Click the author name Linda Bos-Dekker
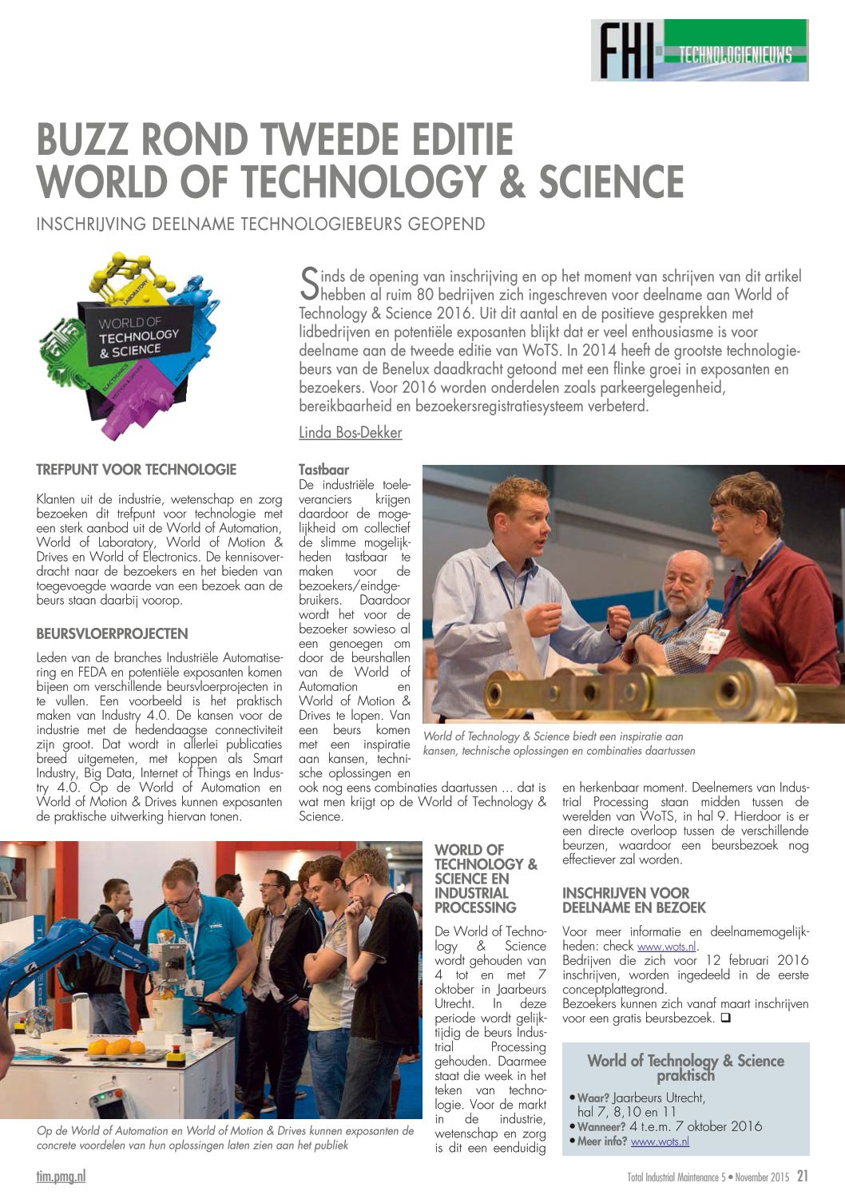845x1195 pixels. click(x=350, y=433)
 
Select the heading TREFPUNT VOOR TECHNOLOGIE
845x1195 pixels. click(x=137, y=470)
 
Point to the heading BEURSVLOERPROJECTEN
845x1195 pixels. click(x=113, y=634)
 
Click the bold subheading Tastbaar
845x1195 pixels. click(x=323, y=470)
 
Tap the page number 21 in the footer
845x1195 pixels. click(x=802, y=1176)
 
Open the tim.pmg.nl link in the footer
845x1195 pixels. click(x=61, y=1176)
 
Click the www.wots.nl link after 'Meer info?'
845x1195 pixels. click(x=660, y=1141)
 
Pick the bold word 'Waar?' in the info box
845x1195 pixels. click(x=593, y=1098)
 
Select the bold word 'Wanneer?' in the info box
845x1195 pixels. click(x=601, y=1126)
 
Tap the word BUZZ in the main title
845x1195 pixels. click(x=87, y=140)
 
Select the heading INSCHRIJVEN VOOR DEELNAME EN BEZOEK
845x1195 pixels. click(x=633, y=900)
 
